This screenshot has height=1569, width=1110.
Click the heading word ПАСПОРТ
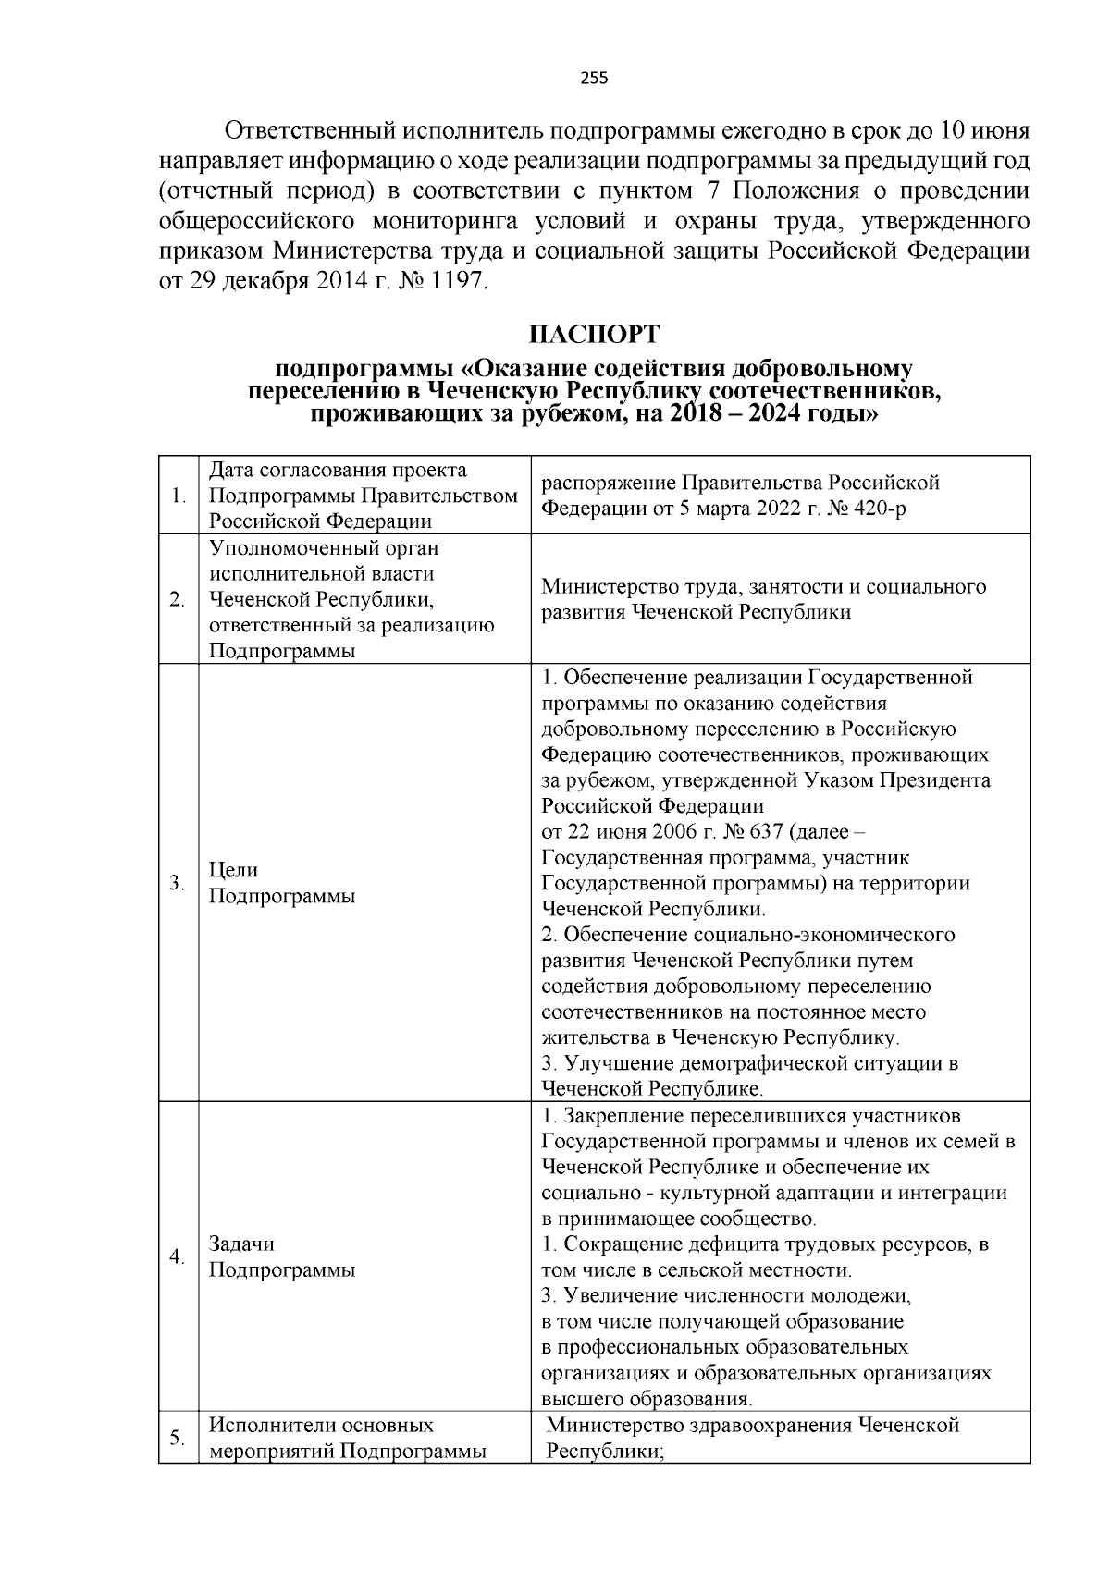594,334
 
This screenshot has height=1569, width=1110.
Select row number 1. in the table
179,496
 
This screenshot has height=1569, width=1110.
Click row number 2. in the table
179,599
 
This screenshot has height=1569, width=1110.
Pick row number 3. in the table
179,883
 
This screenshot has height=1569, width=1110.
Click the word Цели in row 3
234,870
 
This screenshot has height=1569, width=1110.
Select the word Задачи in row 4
241,1244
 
